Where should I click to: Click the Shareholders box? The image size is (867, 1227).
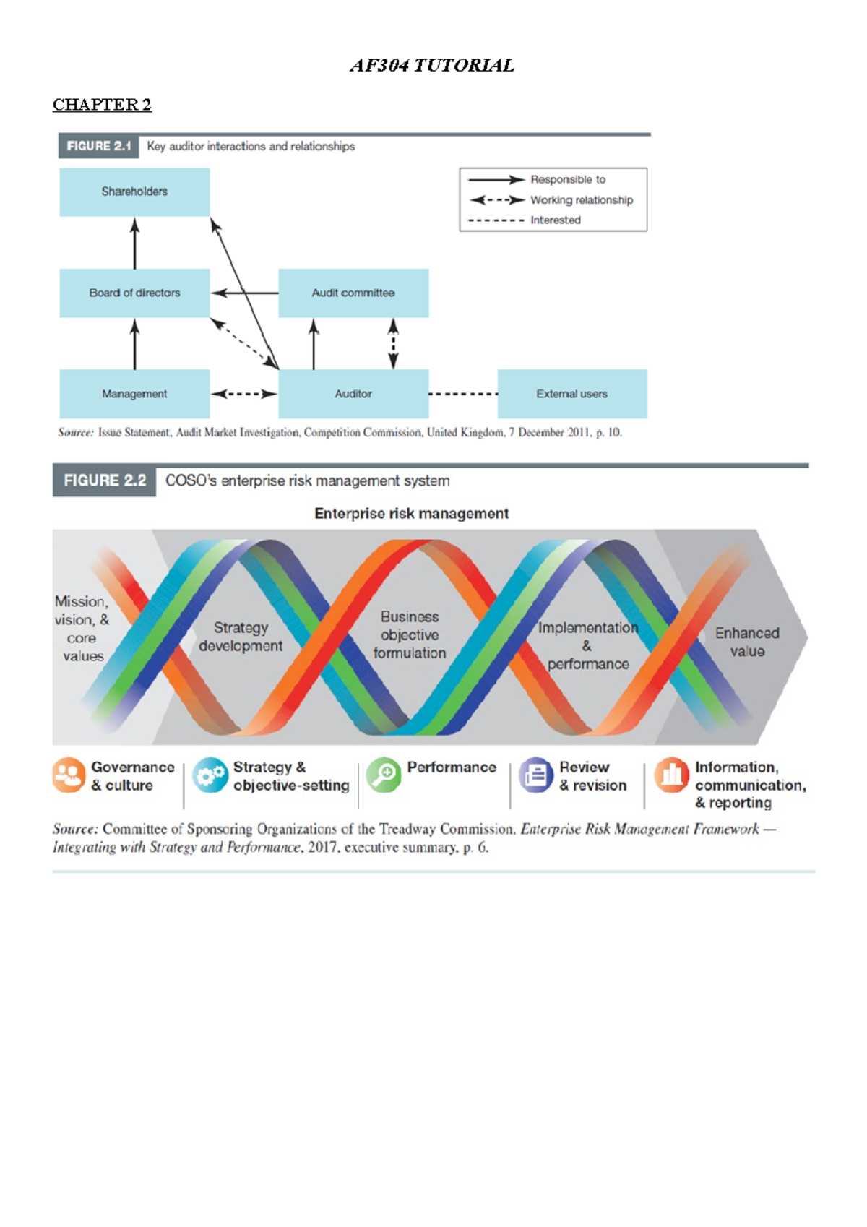134,191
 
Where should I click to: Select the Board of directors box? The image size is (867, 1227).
134,293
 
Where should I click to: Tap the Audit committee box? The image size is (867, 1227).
353,293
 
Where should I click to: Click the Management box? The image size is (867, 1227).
134,394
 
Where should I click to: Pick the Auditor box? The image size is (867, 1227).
353,394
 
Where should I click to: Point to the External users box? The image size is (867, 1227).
572,394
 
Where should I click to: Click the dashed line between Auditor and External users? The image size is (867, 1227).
463,394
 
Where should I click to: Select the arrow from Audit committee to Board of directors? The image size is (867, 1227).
244,293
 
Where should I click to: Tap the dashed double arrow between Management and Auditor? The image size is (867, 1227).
244,394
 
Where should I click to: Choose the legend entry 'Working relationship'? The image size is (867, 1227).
551,200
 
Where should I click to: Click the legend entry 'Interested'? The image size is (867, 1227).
524,220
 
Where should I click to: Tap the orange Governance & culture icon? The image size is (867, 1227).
69,775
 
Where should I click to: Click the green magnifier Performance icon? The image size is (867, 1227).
384,775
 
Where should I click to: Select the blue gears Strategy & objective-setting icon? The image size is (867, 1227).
210,775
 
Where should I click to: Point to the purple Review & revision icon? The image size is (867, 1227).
535,775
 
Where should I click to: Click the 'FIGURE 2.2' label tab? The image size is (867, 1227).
104,481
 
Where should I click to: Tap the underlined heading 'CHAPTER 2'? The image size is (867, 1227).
102,105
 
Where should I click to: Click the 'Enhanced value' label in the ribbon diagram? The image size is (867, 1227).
747,642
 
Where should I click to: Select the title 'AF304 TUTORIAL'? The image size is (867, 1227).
432,66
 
